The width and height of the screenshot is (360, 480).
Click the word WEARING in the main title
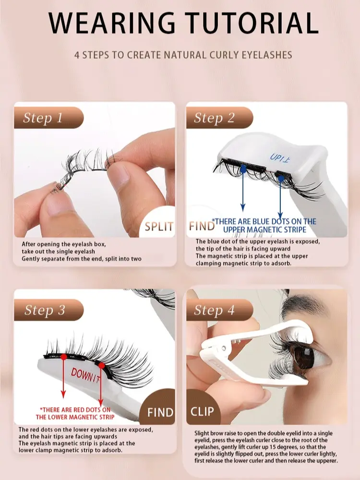click(x=112, y=23)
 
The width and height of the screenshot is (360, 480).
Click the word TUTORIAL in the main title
click(x=253, y=23)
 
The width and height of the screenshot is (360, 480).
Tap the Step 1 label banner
click(x=48, y=118)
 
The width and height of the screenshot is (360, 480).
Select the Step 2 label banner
click(x=219, y=118)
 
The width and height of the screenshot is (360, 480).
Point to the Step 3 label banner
click(x=48, y=310)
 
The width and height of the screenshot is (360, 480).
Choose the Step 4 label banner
click(x=219, y=310)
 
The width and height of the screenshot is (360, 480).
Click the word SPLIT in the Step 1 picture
click(x=159, y=227)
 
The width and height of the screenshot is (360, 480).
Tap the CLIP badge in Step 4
click(x=203, y=411)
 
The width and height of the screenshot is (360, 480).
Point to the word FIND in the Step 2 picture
click(x=202, y=226)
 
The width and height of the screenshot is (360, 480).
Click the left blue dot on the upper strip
click(x=243, y=168)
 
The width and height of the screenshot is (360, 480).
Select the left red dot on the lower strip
click(x=64, y=357)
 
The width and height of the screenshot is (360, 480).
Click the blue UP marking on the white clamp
click(x=280, y=157)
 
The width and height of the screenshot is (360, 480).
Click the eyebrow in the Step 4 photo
click(x=315, y=306)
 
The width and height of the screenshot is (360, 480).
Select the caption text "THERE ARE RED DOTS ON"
click(x=75, y=409)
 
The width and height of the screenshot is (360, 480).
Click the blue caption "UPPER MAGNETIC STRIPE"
click(x=264, y=229)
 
